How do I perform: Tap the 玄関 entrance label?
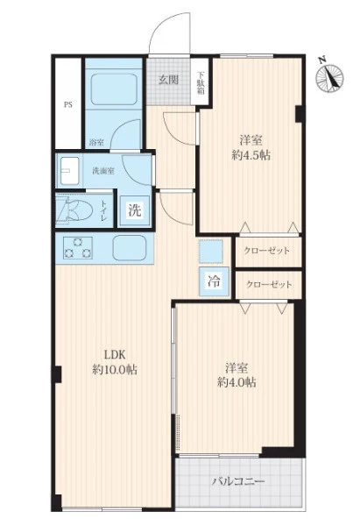168,80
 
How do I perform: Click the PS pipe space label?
68,104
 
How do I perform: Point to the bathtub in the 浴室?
114,90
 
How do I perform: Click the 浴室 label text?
96,142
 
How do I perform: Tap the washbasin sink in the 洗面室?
70,171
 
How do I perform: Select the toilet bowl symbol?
75,211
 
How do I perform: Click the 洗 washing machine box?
135,210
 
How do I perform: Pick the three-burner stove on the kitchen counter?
78,248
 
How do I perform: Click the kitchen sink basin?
130,248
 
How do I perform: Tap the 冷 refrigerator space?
214,281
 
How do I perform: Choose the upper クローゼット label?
267,251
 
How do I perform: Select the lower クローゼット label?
269,285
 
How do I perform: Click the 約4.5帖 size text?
251,155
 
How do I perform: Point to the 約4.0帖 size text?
236,381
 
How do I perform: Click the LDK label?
115,354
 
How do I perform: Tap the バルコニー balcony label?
238,482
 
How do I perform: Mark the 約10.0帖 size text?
115,370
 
